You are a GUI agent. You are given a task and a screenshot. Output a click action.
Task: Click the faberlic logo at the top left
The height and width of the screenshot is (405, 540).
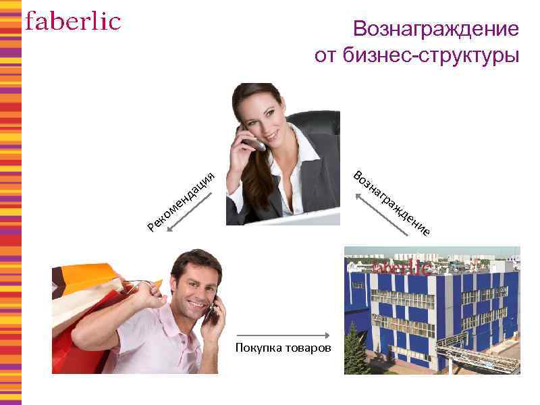click(73, 22)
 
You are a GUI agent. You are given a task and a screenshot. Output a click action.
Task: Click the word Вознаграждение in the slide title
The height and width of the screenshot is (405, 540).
click(435, 29)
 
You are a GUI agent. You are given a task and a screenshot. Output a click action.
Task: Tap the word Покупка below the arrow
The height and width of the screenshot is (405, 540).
click(256, 348)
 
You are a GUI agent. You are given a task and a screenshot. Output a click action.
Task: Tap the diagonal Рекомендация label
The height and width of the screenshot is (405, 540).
click(181, 199)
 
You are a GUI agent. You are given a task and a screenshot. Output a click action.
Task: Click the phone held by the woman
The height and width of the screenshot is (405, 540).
click(254, 142)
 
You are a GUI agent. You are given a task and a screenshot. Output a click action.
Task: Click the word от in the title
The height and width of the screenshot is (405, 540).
click(325, 55)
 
